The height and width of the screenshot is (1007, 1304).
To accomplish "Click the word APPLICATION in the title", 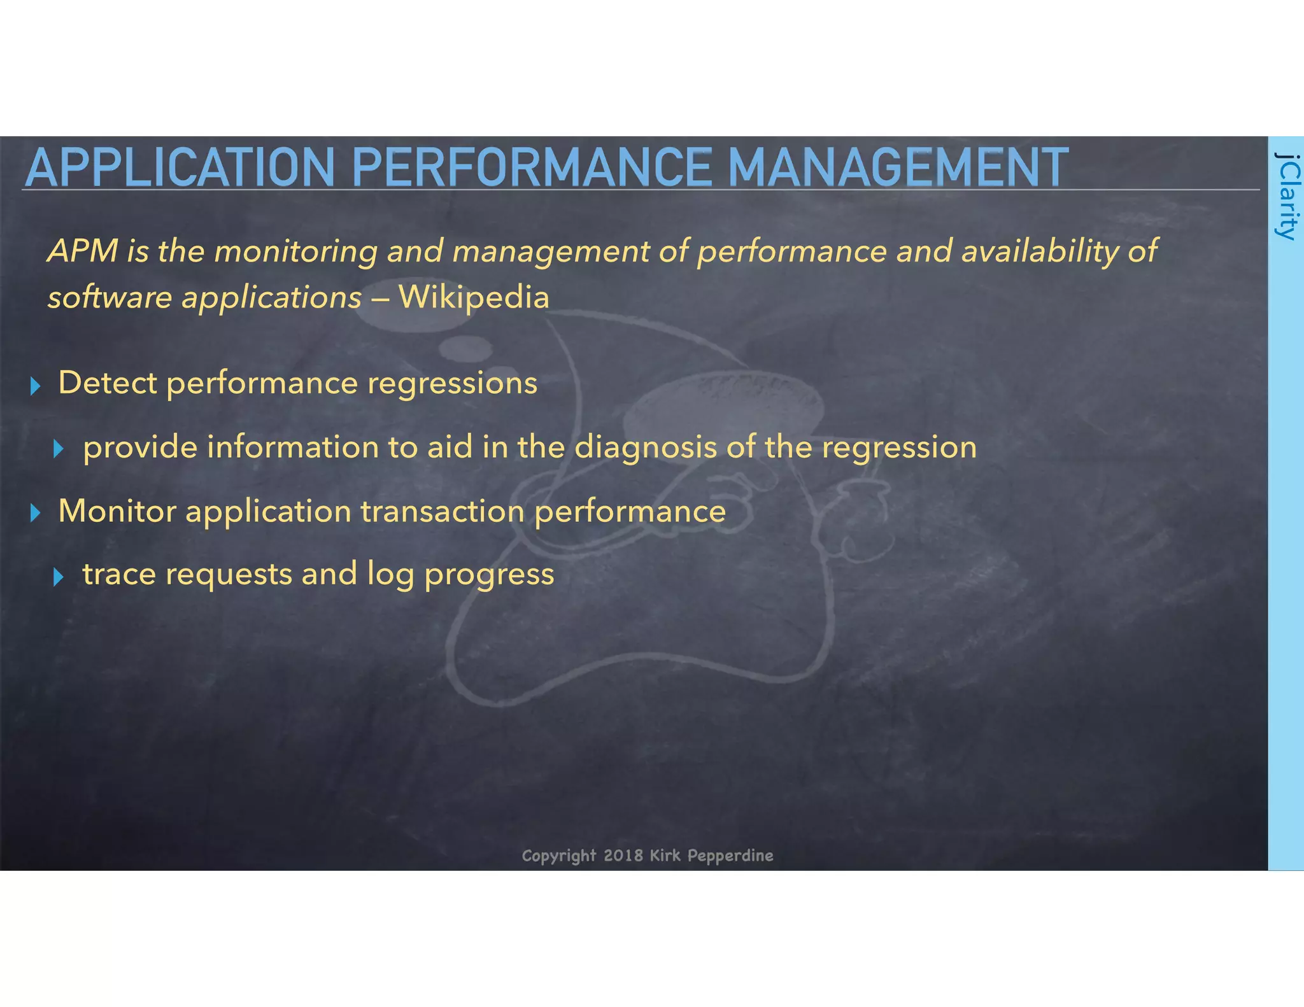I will coord(180,167).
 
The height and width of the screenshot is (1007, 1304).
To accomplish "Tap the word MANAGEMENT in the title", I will coord(898,167).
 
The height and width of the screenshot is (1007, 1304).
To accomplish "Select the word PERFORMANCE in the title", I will coord(531,167).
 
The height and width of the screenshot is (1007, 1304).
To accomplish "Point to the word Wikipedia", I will coord(474,297).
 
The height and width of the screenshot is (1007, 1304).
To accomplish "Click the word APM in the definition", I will coord(83,251).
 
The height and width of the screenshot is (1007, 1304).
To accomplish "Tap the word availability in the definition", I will coord(1040,251).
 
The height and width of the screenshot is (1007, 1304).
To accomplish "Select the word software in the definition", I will coord(110,297).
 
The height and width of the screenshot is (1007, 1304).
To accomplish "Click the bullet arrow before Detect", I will coord(36,386).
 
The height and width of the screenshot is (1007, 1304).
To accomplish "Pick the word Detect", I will coord(107,383).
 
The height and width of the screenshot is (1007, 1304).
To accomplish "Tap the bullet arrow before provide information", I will coord(59,449).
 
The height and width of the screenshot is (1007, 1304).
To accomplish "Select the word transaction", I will coord(443,511).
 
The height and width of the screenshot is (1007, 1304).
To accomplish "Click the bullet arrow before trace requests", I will coord(59,577).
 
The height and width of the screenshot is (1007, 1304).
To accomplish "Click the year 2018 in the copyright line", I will coord(623,855).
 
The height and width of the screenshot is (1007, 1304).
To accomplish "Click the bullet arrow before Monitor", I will coord(36,513).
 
